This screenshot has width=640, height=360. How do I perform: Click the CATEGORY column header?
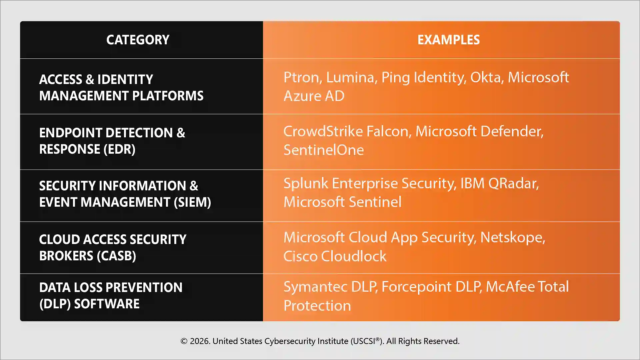(x=138, y=40)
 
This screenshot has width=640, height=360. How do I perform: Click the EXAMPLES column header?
(x=448, y=40)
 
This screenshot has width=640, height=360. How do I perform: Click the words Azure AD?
(x=314, y=96)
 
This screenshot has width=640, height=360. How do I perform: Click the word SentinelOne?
(x=323, y=150)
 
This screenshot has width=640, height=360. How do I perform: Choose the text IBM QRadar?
(x=499, y=183)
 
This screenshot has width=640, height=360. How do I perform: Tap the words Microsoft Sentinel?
(x=342, y=202)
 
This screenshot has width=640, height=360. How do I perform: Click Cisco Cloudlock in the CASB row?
(x=335, y=256)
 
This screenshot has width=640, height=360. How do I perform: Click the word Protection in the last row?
(x=317, y=306)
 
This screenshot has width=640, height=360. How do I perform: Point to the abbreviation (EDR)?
(x=119, y=149)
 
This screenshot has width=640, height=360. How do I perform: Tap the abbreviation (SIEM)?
(x=192, y=202)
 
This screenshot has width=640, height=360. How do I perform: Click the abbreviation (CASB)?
(x=116, y=256)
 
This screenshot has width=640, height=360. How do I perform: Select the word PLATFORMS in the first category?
(x=168, y=96)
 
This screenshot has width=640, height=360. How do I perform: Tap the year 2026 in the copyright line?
(x=199, y=341)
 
